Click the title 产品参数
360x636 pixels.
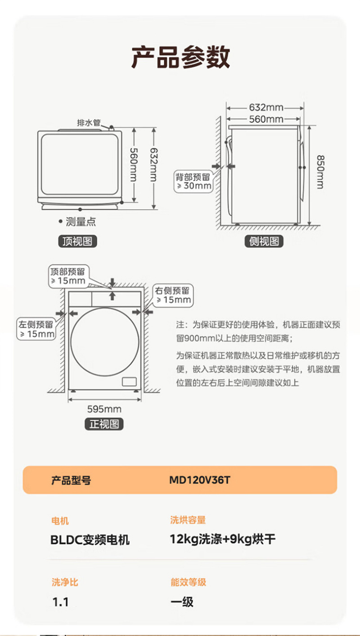point(180,57)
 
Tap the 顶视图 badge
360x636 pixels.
point(77,242)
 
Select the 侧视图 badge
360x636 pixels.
point(264,242)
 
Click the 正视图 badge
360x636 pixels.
point(104,424)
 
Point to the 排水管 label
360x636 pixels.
point(89,123)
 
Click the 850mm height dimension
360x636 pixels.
point(320,172)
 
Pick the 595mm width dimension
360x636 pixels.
point(104,409)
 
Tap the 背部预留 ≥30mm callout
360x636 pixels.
point(193,182)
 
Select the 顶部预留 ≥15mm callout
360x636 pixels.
point(68,276)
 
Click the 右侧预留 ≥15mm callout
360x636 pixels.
point(173,295)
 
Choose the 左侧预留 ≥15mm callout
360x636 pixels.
point(36,329)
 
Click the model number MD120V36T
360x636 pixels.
point(200,480)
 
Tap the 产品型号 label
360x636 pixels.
point(71,480)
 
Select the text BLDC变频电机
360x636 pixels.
point(90,539)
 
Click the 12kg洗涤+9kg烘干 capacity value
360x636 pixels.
point(222,539)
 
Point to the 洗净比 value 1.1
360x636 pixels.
point(60,602)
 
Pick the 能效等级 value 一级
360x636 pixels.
point(182,602)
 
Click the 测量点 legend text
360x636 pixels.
point(81,221)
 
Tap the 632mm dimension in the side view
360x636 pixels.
point(266,107)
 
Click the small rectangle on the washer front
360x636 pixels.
point(129,381)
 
